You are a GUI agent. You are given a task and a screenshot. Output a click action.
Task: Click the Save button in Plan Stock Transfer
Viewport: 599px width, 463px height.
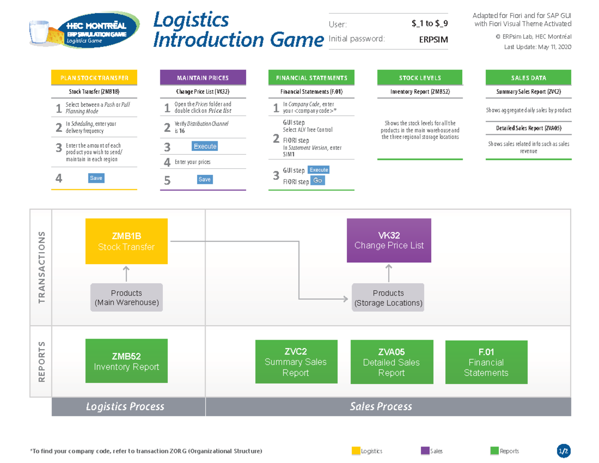point(96,178)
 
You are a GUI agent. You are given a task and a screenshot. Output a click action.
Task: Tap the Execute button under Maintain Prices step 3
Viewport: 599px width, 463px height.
point(205,146)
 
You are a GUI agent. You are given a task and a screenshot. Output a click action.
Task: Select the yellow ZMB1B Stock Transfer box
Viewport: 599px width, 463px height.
point(126,241)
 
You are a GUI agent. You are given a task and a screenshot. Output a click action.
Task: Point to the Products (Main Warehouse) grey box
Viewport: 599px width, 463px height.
point(126,298)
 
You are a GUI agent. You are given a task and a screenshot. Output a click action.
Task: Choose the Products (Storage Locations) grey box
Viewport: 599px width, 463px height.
point(388,298)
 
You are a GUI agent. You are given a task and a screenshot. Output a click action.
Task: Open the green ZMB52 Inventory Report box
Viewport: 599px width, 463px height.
point(126,362)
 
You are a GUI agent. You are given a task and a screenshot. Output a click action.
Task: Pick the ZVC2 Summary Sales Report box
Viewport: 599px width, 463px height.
point(296,362)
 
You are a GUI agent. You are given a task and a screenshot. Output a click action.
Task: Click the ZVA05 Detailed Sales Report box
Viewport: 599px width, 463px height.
point(391,362)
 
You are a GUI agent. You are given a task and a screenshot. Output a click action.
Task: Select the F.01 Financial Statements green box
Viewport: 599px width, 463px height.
point(486,362)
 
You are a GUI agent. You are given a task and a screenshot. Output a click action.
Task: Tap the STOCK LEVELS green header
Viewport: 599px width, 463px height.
point(420,78)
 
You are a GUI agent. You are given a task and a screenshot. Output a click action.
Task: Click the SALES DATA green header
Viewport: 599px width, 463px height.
point(528,78)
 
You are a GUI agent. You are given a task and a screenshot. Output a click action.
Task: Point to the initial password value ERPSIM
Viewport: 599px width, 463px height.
point(433,40)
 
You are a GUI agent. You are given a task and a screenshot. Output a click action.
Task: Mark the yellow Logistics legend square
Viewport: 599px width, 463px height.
point(355,451)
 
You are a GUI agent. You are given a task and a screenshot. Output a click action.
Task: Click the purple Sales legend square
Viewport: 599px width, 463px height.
point(425,451)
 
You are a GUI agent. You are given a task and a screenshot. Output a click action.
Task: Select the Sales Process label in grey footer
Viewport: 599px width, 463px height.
point(381,407)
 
